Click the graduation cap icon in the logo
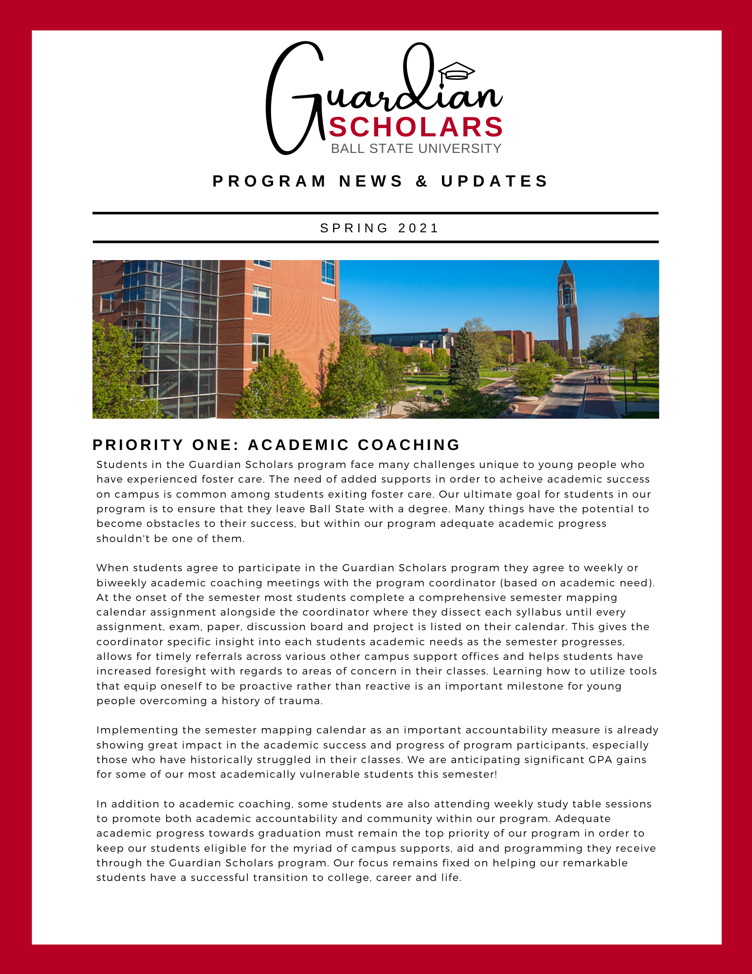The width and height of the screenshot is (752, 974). (x=456, y=71)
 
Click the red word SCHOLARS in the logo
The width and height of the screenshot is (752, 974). (x=416, y=128)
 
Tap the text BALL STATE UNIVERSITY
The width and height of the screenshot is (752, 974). (x=416, y=149)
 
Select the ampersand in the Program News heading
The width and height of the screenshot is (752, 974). (x=422, y=181)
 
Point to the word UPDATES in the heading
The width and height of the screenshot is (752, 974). (x=495, y=181)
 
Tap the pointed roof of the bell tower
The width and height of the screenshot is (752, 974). (x=565, y=268)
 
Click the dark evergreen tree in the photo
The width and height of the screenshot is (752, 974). (x=463, y=358)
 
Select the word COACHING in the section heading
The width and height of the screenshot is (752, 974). (x=409, y=445)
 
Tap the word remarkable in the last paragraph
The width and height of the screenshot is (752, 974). (x=595, y=863)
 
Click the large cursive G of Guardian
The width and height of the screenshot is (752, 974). (x=292, y=97)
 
